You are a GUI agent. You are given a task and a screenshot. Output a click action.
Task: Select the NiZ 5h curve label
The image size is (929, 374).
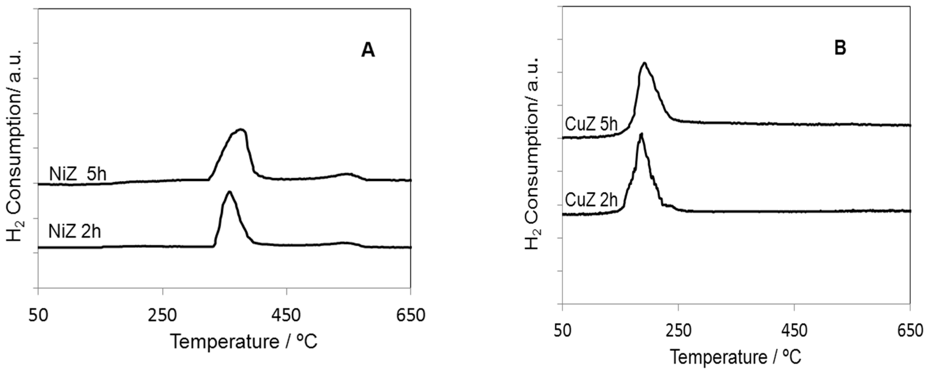(x=78, y=175)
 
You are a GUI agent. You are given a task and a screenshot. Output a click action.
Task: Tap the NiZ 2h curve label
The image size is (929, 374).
(x=75, y=232)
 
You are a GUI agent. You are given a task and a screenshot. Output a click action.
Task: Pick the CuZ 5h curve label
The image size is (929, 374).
(x=591, y=125)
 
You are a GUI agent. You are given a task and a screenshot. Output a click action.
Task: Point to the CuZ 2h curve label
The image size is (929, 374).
(x=591, y=200)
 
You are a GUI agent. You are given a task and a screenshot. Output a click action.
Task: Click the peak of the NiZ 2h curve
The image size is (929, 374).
(x=229, y=192)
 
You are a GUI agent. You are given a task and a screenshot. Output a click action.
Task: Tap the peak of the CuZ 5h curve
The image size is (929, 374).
(x=644, y=63)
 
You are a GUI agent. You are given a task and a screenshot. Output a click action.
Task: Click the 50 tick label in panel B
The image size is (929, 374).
(x=563, y=330)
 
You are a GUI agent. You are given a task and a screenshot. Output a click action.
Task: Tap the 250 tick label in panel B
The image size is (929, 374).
(x=678, y=330)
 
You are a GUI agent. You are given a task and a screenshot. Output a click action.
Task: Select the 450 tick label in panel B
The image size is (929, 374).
(x=794, y=330)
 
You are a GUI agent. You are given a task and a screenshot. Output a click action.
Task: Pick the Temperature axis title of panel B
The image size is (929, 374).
(x=736, y=357)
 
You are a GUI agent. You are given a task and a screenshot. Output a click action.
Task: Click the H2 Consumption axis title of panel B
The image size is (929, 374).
(x=532, y=153)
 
